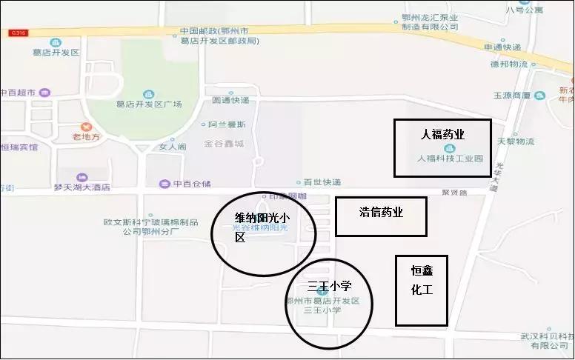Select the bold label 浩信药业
(x=381, y=212)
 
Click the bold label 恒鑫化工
(x=422, y=280)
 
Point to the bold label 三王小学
(x=329, y=286)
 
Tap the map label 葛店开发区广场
(x=150, y=104)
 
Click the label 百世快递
(x=322, y=181)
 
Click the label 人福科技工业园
(x=450, y=159)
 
